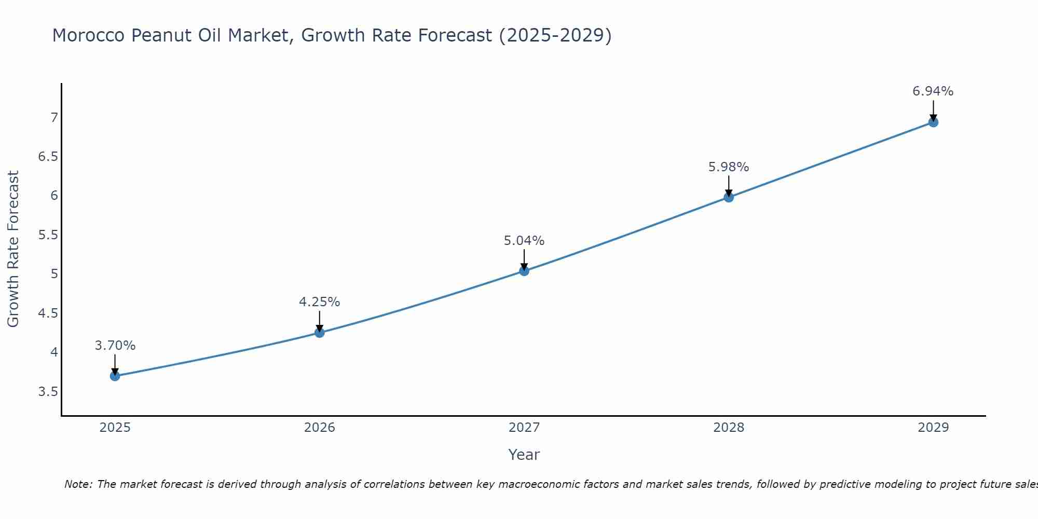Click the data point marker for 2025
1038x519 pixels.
(115, 376)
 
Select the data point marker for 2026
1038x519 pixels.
(320, 333)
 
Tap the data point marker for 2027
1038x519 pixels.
(524, 271)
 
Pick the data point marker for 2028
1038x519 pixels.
(729, 197)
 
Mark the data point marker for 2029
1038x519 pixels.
(933, 122)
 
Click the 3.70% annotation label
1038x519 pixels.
(115, 346)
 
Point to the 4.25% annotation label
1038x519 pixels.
(320, 302)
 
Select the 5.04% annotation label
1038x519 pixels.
(524, 241)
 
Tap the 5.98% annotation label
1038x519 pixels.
(729, 167)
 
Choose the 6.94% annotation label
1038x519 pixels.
(933, 91)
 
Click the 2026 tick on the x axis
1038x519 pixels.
(320, 428)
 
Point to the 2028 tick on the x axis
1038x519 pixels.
(729, 428)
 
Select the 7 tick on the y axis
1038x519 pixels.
(54, 118)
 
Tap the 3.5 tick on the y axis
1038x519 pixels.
(48, 391)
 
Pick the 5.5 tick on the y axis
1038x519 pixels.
(48, 235)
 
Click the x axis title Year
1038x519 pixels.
(524, 455)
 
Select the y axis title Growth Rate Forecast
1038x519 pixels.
(13, 249)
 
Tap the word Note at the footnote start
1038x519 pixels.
(78, 484)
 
